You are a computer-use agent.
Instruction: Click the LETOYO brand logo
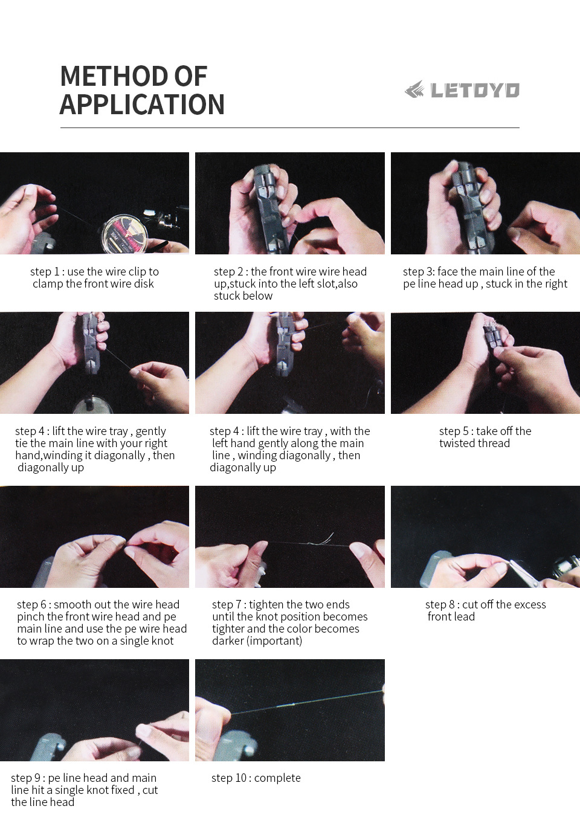coord(462,90)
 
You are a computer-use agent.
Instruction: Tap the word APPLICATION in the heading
coord(142,105)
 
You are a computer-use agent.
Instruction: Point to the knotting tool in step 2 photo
coord(269,205)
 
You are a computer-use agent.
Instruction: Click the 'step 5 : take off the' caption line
coord(485,431)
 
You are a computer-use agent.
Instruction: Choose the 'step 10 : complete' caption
coord(256,778)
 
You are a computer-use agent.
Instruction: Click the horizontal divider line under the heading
coord(289,127)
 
